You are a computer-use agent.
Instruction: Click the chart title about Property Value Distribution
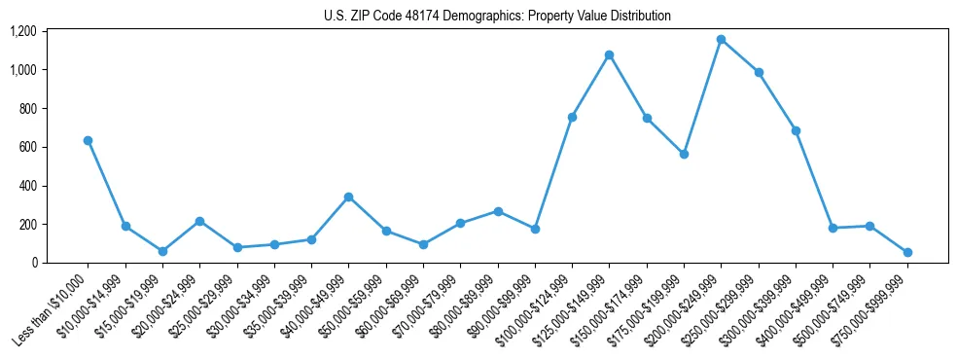(x=497, y=17)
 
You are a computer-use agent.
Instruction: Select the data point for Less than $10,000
(x=88, y=140)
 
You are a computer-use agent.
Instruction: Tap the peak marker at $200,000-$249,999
(x=721, y=40)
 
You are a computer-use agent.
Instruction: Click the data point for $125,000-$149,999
(x=609, y=54)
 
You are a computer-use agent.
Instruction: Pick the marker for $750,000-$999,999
(x=907, y=252)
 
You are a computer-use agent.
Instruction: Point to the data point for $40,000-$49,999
(x=348, y=197)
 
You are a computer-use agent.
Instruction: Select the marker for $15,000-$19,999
(x=162, y=251)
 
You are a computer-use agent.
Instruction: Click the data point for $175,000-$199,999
(x=684, y=154)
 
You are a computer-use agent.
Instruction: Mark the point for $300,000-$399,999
(x=796, y=130)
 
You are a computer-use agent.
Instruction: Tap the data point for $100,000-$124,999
(x=572, y=117)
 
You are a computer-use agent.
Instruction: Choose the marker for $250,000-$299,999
(x=759, y=72)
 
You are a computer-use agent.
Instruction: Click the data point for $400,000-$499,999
(x=833, y=228)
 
